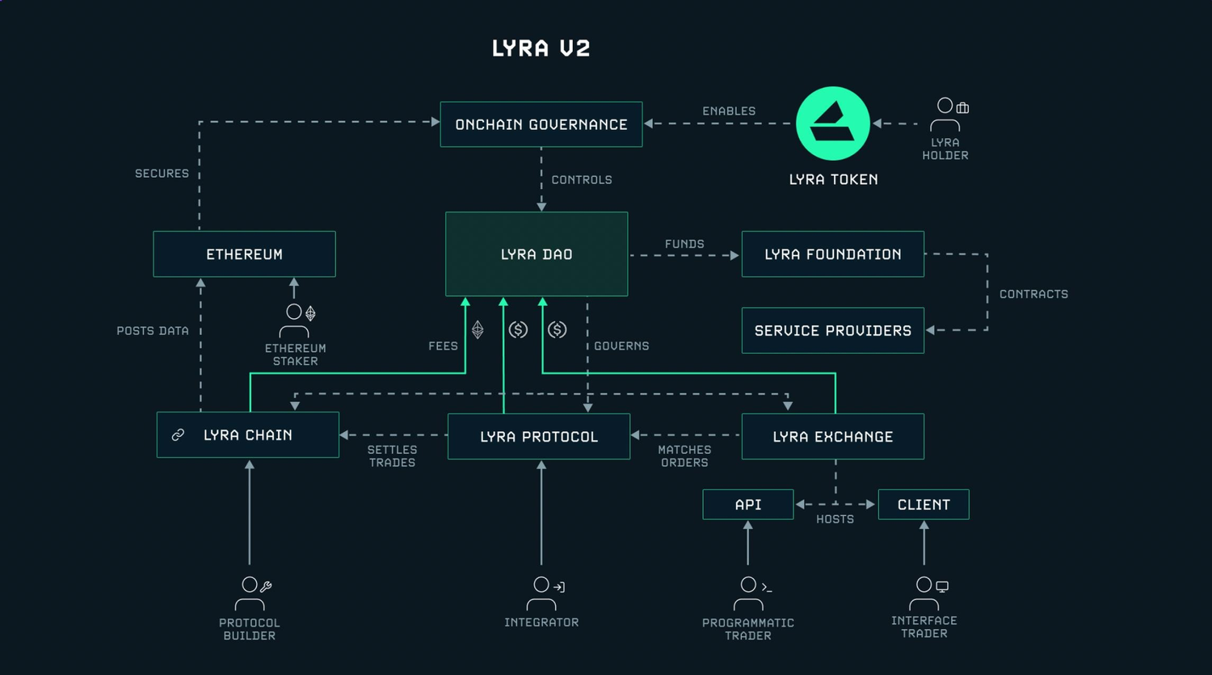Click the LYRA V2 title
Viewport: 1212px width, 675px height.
pos(541,48)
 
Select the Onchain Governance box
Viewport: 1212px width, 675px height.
pos(541,124)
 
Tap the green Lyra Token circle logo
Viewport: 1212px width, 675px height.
pos(833,124)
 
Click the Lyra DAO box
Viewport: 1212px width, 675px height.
pos(537,254)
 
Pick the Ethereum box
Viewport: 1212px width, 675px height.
pos(244,254)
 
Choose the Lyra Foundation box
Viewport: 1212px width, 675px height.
pos(832,254)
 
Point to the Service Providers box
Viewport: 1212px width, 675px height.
pos(832,330)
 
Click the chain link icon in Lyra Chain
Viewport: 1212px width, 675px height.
pos(178,435)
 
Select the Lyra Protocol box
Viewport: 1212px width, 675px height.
pos(538,437)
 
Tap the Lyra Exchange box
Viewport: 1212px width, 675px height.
pos(832,437)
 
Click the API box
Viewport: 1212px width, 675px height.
pos(747,505)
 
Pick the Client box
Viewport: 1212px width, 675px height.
pos(923,505)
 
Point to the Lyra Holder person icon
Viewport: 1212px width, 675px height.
pos(945,115)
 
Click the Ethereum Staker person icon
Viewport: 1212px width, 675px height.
pos(294,321)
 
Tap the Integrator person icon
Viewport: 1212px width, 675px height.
pos(541,593)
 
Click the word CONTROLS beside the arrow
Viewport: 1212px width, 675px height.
pos(581,180)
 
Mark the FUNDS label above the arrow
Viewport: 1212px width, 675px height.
pos(684,244)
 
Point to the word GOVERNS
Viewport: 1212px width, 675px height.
pos(621,346)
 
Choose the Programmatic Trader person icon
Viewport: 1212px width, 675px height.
pos(748,593)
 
